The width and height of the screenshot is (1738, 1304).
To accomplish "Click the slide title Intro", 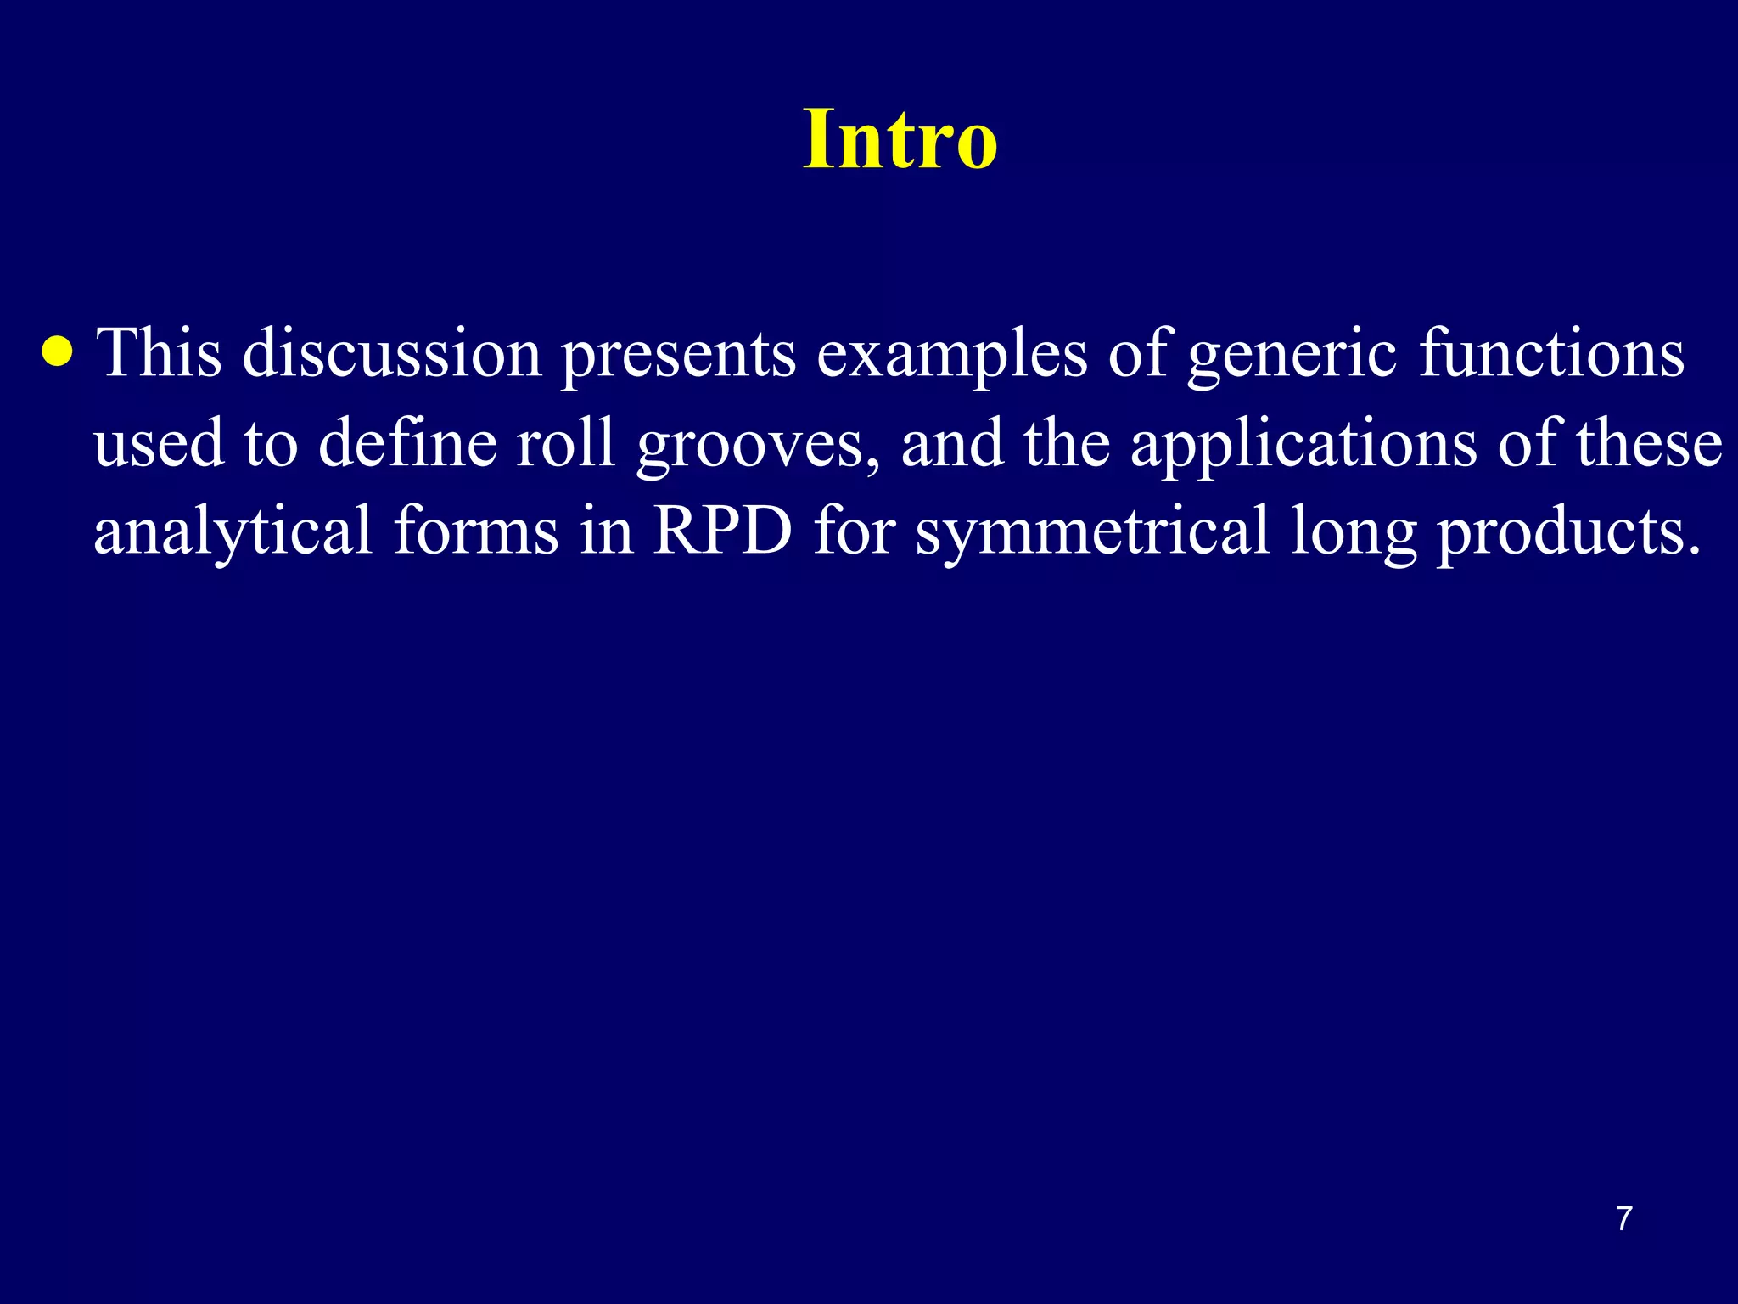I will click(x=900, y=139).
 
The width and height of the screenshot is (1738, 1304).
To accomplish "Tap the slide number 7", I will click(x=1623, y=1218).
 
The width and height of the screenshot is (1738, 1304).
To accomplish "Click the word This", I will click(x=159, y=352).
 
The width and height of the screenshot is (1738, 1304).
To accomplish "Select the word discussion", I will click(x=392, y=352).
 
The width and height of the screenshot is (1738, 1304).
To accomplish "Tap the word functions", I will click(x=1551, y=352).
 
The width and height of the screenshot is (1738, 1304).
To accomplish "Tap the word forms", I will click(x=476, y=531).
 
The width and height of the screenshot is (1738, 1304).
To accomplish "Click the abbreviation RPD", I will click(x=723, y=531).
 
